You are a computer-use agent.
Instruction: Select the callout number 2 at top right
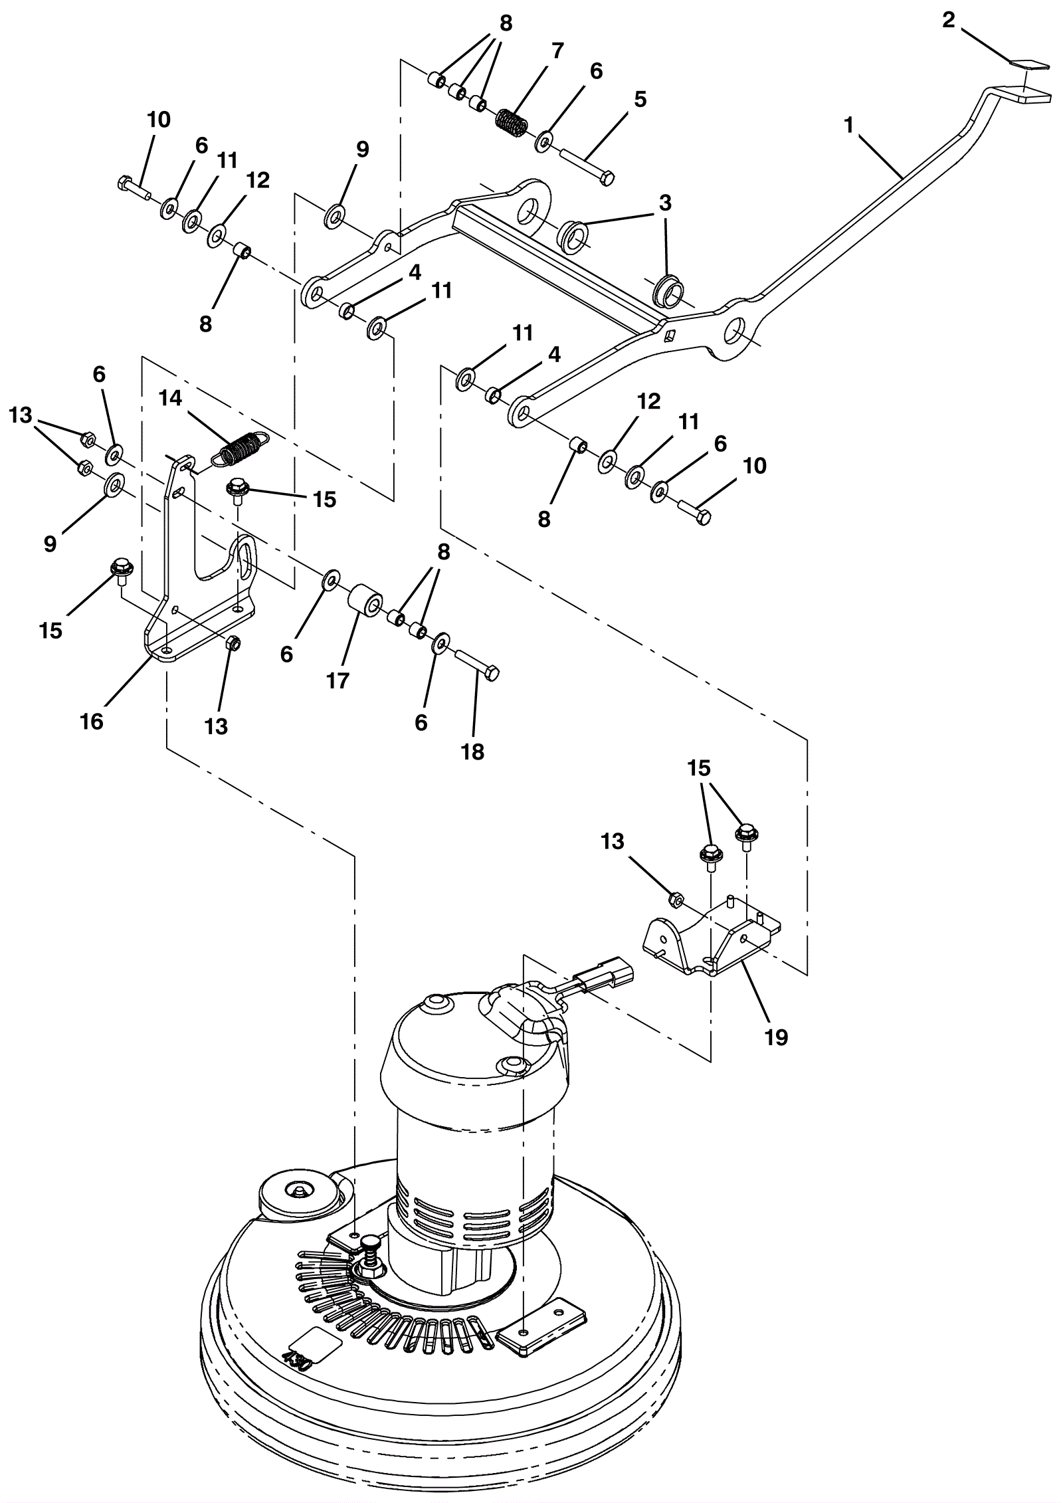tap(948, 20)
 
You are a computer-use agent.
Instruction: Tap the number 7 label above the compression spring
tap(557, 50)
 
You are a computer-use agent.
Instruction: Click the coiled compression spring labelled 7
tap(512, 122)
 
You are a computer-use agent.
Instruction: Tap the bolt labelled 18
tap(477, 664)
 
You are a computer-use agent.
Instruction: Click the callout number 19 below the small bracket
tap(776, 1037)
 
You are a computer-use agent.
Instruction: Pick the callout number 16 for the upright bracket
tap(92, 722)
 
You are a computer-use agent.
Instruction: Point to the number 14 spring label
tap(171, 398)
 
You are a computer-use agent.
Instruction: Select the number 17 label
tap(338, 680)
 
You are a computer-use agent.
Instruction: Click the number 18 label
tap(473, 751)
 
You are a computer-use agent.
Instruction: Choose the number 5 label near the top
tap(640, 99)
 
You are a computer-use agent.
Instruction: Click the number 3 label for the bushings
tap(665, 202)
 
